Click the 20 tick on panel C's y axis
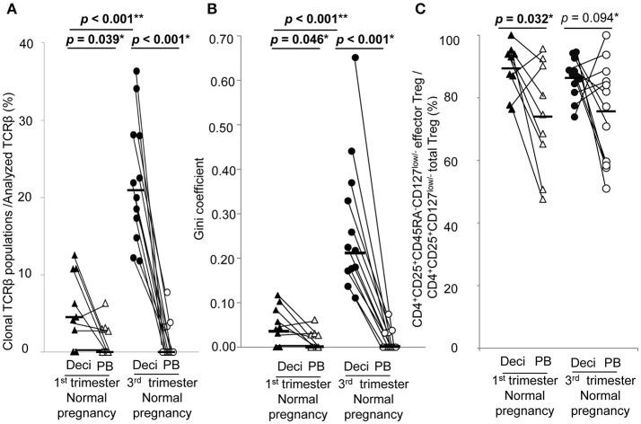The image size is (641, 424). pyautogui.click(x=466, y=287)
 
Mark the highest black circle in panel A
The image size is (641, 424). pyautogui.click(x=136, y=71)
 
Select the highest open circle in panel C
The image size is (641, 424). pyautogui.click(x=607, y=36)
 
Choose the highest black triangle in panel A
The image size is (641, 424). pyautogui.click(x=75, y=255)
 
